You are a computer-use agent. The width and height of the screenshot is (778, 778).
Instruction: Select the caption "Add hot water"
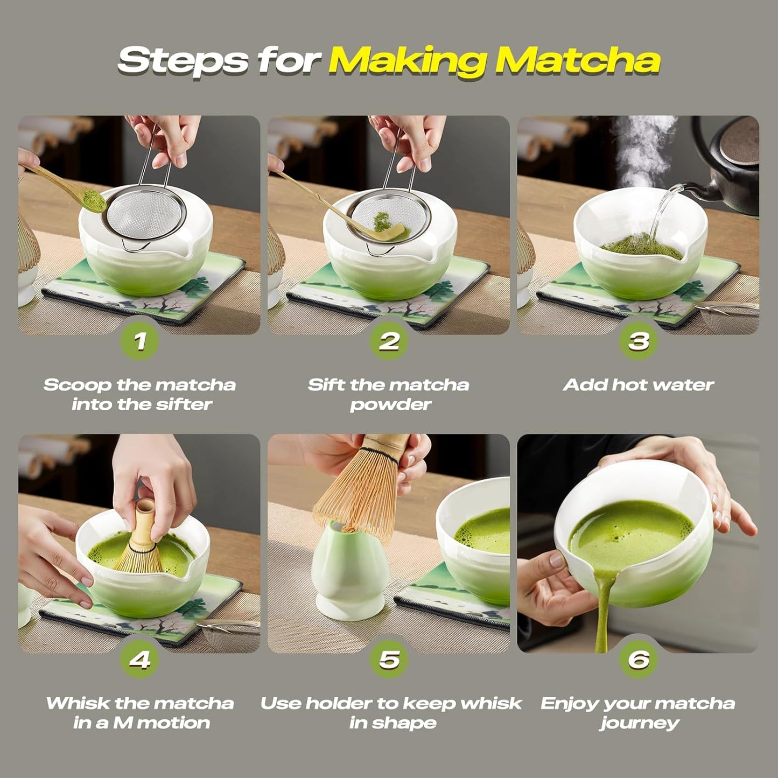638,385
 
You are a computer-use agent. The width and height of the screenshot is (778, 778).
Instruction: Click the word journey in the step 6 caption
639,723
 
